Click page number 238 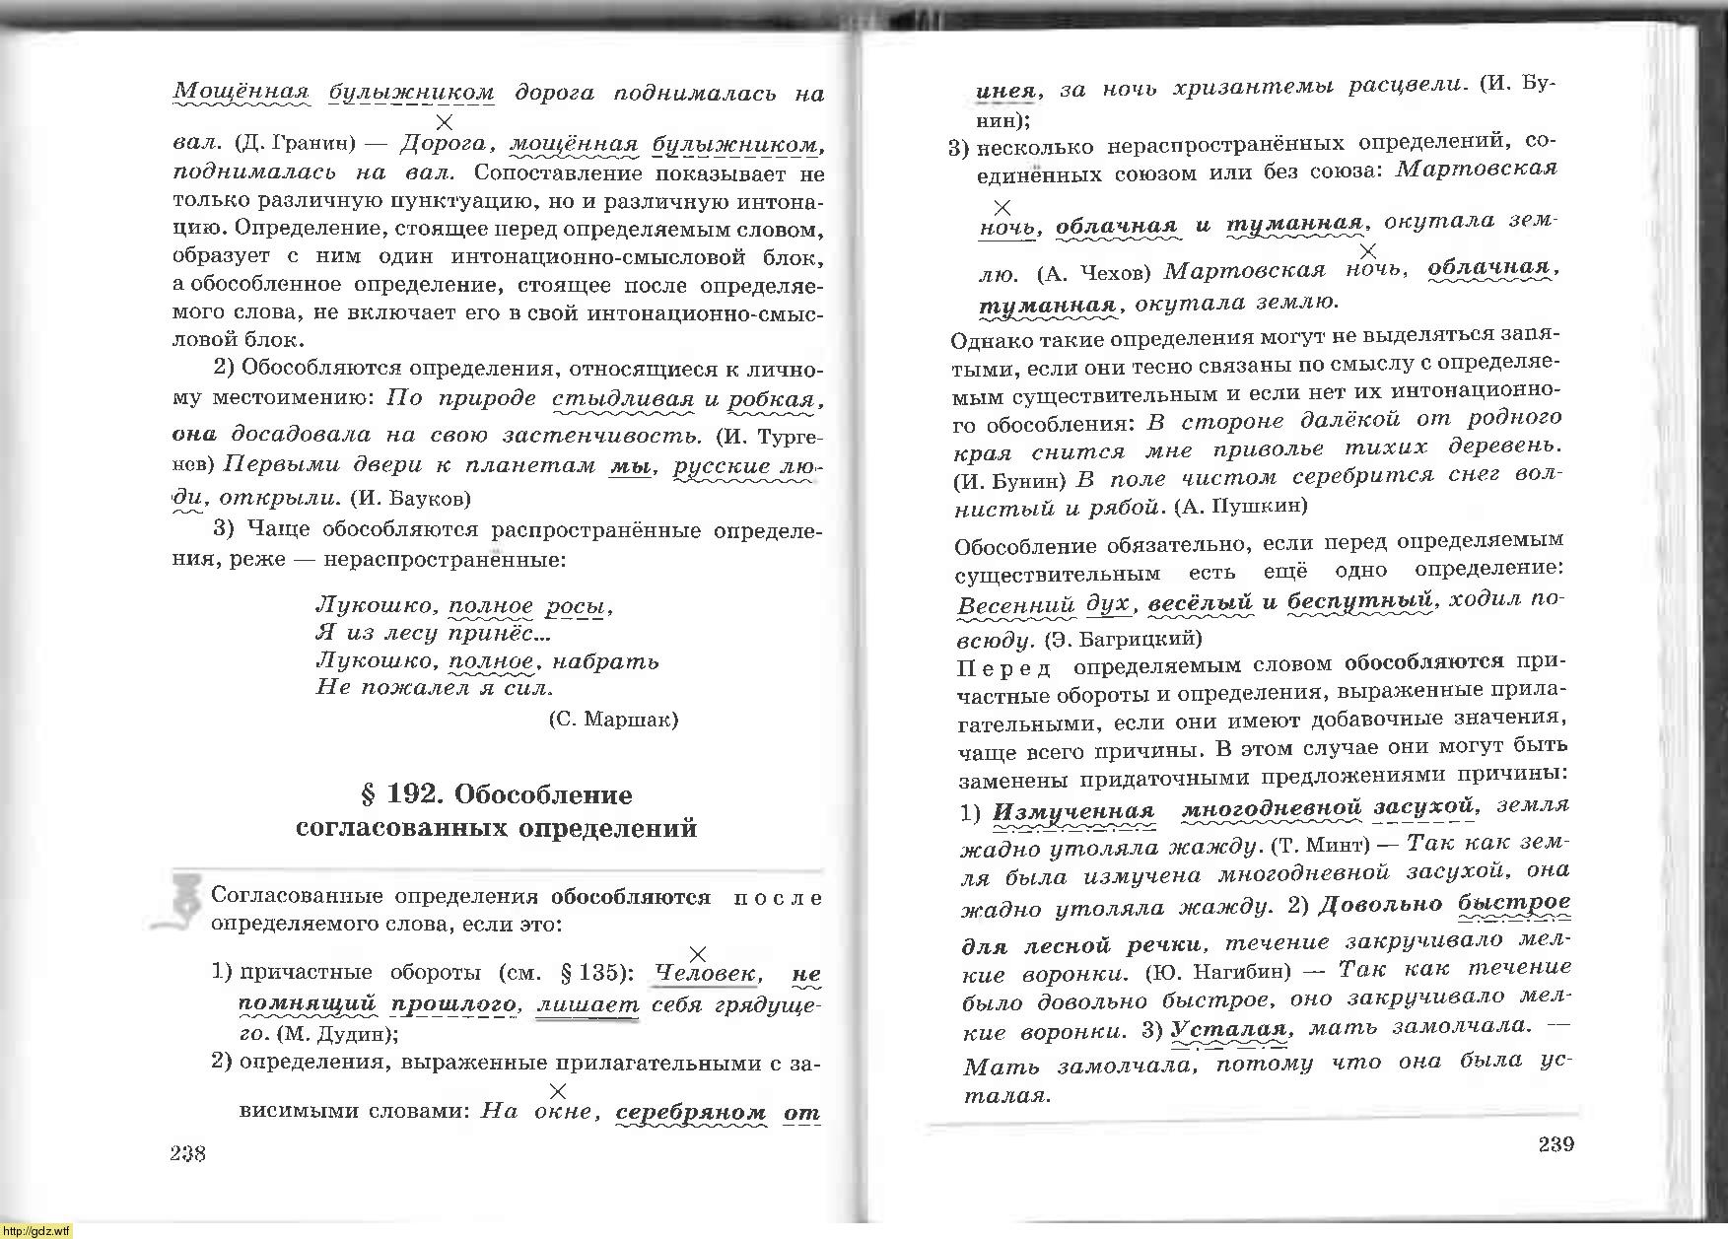(x=187, y=1153)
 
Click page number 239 (x=1555, y=1144)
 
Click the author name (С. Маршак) (x=612, y=719)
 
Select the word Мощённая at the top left (x=242, y=93)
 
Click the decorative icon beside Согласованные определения (x=182, y=902)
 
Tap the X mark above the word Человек (x=697, y=953)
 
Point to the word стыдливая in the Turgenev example (x=623, y=399)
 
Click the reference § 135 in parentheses (x=595, y=974)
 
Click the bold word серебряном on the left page (x=691, y=1112)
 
